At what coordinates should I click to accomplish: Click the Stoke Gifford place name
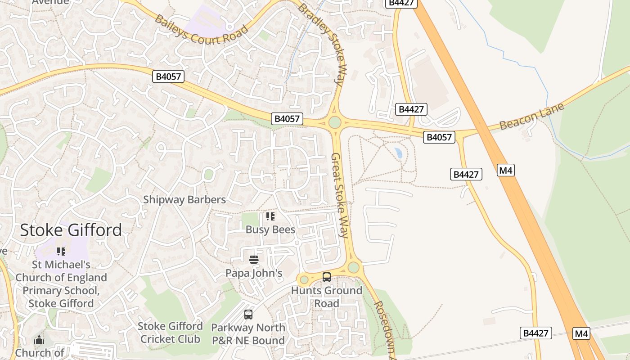(71, 230)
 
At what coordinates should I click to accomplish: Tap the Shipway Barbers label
(184, 199)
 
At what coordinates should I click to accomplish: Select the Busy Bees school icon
(270, 216)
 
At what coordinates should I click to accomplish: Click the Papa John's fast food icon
(254, 260)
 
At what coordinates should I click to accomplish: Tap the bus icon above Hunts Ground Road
(327, 277)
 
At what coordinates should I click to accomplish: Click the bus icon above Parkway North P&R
(248, 315)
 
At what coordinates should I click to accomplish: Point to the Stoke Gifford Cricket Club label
(170, 332)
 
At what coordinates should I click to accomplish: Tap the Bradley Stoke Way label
(321, 44)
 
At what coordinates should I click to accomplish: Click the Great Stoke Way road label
(340, 195)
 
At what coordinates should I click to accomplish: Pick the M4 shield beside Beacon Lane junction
(506, 170)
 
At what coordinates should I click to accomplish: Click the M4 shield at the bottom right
(581, 333)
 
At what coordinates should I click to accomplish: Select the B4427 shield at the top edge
(401, 3)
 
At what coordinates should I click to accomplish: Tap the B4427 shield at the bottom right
(536, 333)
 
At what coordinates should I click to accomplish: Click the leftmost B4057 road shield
(168, 76)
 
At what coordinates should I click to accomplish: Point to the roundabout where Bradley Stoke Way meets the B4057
(334, 122)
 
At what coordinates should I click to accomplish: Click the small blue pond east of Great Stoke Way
(398, 153)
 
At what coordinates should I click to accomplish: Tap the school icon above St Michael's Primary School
(61, 252)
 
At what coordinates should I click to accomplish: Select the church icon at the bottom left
(39, 340)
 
